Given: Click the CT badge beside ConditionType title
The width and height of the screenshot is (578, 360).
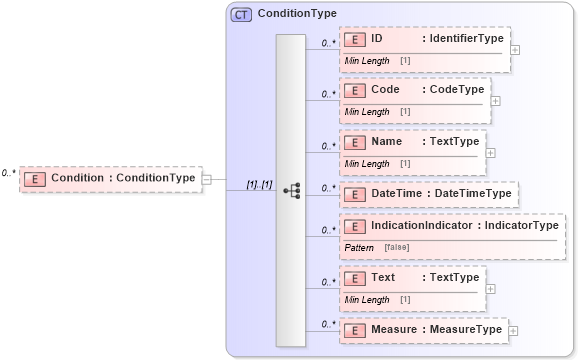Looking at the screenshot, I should (241, 14).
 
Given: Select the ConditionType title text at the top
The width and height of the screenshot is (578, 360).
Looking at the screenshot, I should (297, 14).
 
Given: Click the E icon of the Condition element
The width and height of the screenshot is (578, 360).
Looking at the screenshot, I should (35, 178).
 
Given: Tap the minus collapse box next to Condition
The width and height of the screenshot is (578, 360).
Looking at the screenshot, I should (207, 180).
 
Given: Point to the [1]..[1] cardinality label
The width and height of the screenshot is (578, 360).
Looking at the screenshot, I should (259, 185).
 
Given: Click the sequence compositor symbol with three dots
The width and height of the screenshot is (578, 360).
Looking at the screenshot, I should (291, 189).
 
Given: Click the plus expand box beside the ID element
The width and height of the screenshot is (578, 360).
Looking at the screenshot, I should (515, 48).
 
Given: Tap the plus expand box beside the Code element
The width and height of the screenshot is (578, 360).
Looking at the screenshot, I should (495, 100).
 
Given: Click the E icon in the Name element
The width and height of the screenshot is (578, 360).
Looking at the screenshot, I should (354, 142).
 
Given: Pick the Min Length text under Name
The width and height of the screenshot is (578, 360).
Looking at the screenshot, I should (367, 163).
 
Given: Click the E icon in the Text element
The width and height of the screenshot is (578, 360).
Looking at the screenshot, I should (354, 278).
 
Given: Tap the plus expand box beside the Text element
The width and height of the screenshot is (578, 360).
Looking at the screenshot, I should (490, 288).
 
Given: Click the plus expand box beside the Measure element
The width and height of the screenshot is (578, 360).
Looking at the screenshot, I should (513, 329).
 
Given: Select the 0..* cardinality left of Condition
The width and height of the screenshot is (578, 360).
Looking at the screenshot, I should (8, 173).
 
